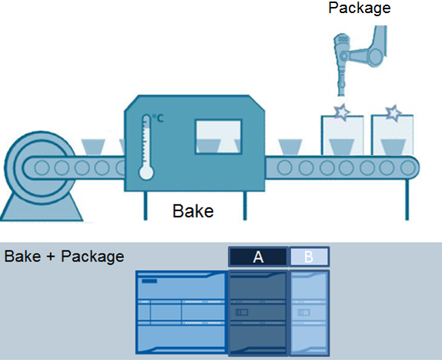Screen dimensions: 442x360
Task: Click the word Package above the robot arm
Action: pyautogui.click(x=360, y=8)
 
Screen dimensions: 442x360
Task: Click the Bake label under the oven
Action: pyautogui.click(x=193, y=211)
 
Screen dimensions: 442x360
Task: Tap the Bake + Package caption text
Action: pyautogui.click(x=64, y=257)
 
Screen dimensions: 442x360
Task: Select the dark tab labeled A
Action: pyautogui.click(x=258, y=257)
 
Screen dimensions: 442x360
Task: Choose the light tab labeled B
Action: pyautogui.click(x=310, y=257)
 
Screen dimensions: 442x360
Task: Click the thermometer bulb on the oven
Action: pyautogui.click(x=146, y=173)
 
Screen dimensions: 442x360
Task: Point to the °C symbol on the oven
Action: pyautogui.click(x=158, y=118)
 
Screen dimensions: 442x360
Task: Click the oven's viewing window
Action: pyautogui.click(x=219, y=137)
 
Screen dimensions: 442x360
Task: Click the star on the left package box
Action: pyautogui.click(x=342, y=112)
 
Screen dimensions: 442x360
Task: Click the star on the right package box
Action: pyautogui.click(x=393, y=113)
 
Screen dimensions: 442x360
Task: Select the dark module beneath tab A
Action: pyautogui.click(x=258, y=313)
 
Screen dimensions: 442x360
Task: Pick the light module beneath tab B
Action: pyautogui.click(x=310, y=313)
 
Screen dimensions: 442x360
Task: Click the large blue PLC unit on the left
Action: pyautogui.click(x=181, y=312)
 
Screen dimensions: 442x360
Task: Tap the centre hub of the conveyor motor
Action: pyautogui.click(x=42, y=167)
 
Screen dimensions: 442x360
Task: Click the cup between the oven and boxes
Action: pyautogui.click(x=290, y=147)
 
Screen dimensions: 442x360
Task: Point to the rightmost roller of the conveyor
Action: pyautogui.click(x=407, y=167)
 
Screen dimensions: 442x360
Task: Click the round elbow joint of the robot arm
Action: pyautogui.click(x=376, y=56)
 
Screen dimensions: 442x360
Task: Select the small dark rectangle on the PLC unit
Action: pyautogui.click(x=149, y=281)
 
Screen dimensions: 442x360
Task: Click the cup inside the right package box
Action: pyautogui.click(x=393, y=147)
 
